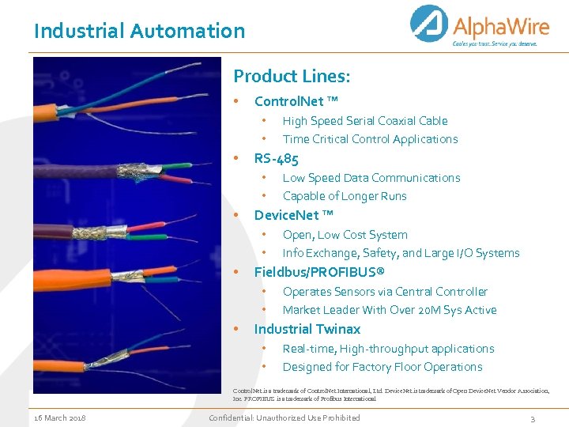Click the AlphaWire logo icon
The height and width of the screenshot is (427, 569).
430,25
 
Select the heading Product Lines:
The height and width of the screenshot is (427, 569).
292,77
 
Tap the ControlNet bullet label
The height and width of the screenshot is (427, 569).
296,101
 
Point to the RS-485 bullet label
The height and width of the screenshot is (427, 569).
276,158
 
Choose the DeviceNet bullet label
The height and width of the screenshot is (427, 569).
293,215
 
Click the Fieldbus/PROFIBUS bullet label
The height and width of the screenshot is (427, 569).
319,272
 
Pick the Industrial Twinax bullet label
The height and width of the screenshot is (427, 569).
307,329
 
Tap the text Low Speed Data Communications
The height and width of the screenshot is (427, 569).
371,178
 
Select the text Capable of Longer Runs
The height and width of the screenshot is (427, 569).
345,196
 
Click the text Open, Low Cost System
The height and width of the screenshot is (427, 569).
345,235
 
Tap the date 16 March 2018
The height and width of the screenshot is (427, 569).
60,418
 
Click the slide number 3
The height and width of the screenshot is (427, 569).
533,418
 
